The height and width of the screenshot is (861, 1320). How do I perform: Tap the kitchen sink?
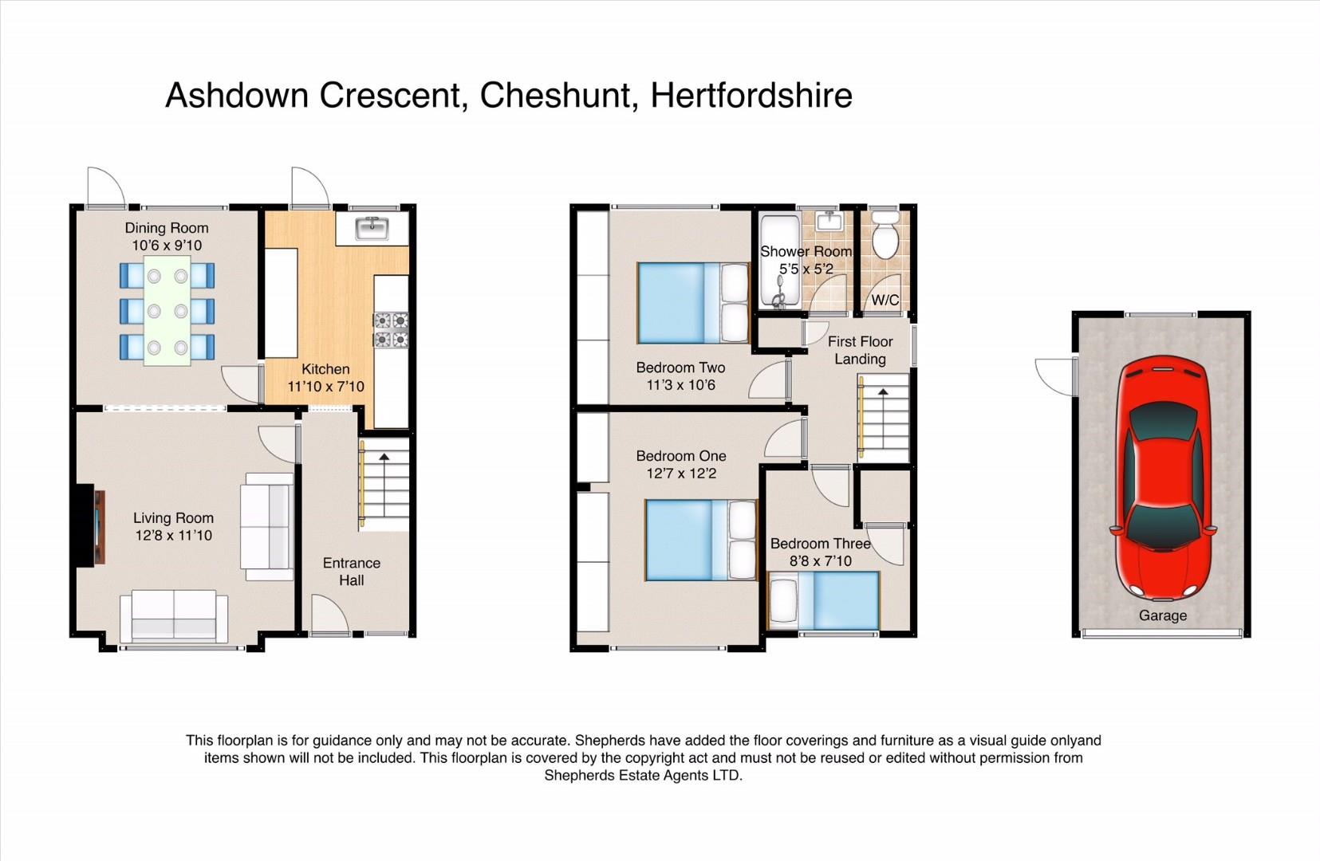coord(372,228)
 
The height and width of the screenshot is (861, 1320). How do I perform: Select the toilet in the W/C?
coord(885,236)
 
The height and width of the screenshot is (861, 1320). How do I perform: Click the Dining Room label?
coord(167,228)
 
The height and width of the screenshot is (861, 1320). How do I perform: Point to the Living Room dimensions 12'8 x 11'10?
coord(173,535)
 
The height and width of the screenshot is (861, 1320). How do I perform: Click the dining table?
coord(167,310)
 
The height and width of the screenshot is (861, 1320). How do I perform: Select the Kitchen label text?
coord(325,369)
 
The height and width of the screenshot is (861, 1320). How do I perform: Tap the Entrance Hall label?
coord(351,572)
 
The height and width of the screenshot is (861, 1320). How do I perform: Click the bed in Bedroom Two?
coord(693,303)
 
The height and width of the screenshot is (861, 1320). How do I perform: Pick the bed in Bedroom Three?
coord(824,600)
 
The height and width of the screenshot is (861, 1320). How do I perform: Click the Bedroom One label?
coord(680,456)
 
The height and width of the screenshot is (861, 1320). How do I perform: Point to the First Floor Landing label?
coord(860,350)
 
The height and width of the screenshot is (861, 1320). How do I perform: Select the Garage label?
coord(1163,615)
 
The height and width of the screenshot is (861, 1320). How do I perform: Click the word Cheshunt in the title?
coord(555,95)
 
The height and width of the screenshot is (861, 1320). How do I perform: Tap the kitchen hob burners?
coord(392,329)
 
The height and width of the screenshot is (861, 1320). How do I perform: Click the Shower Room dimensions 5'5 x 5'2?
coord(806,269)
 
